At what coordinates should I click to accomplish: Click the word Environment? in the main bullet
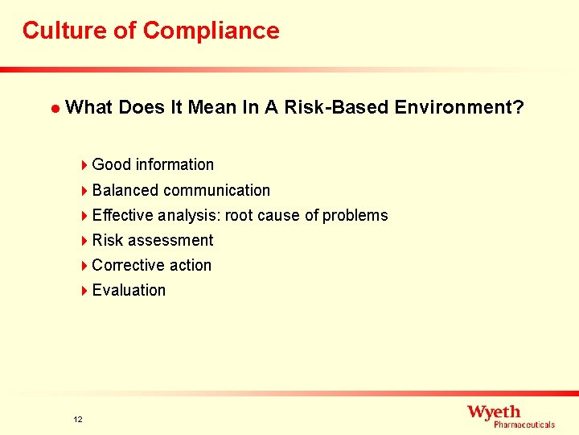click(459, 107)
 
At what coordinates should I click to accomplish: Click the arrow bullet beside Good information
click(84, 165)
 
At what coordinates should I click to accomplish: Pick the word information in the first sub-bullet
click(175, 164)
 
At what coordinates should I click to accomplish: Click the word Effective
click(123, 215)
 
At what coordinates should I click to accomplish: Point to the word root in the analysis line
click(240, 215)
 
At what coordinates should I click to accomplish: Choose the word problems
click(355, 215)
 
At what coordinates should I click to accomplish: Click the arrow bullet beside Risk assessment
click(84, 241)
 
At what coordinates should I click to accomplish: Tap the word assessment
click(170, 240)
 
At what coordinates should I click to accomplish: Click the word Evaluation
click(129, 290)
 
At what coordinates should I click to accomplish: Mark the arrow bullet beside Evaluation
click(84, 291)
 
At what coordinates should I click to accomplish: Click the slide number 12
click(77, 419)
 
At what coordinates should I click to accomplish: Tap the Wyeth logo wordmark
click(494, 412)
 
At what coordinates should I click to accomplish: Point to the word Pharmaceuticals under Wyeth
click(524, 425)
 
